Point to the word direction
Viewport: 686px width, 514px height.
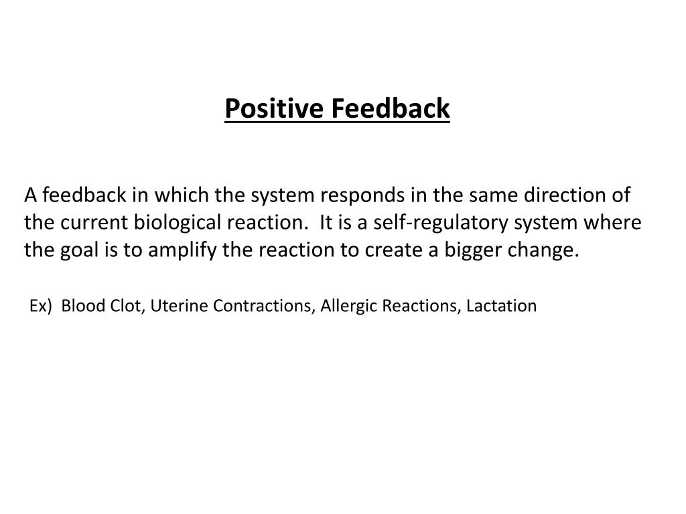(x=565, y=195)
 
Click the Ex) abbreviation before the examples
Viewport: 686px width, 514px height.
(x=40, y=307)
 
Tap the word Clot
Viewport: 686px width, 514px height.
(x=123, y=307)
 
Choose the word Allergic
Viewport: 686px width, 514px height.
(x=348, y=307)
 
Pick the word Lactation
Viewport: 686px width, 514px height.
(x=502, y=307)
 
